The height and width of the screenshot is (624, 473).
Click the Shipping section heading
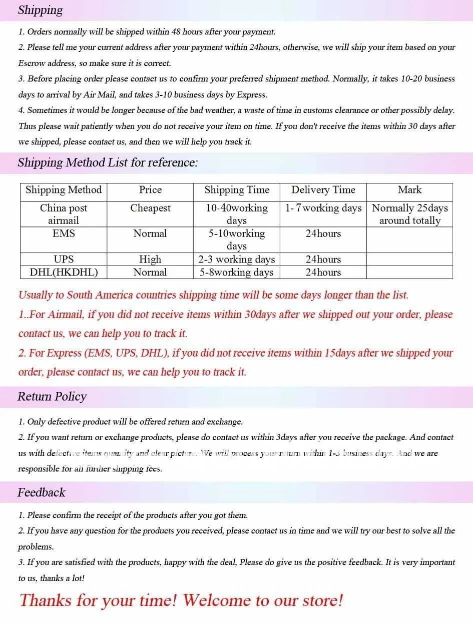(x=40, y=10)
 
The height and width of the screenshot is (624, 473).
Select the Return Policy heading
(x=52, y=396)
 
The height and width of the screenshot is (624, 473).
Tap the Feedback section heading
(x=42, y=492)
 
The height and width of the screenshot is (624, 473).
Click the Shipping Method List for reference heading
(x=108, y=162)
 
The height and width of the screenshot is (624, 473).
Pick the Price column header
(x=150, y=190)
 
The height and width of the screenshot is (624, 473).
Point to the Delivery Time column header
(x=323, y=190)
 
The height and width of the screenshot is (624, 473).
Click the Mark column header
(x=409, y=190)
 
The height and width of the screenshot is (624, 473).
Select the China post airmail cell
(x=64, y=214)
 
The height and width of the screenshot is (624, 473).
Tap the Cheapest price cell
(x=150, y=208)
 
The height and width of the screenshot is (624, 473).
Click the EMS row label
(x=64, y=233)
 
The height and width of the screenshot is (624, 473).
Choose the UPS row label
(x=64, y=259)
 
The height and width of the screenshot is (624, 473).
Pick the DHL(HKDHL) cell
(x=64, y=272)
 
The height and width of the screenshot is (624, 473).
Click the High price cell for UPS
(x=150, y=259)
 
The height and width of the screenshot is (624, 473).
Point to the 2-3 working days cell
(x=236, y=259)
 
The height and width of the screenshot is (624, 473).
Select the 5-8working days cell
(x=236, y=272)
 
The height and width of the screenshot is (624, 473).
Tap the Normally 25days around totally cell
(x=409, y=214)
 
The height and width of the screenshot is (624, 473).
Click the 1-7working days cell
(x=323, y=208)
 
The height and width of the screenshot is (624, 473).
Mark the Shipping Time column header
(x=236, y=190)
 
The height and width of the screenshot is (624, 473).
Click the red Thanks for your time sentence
(x=181, y=599)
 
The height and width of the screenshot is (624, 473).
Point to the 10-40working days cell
(x=236, y=214)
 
